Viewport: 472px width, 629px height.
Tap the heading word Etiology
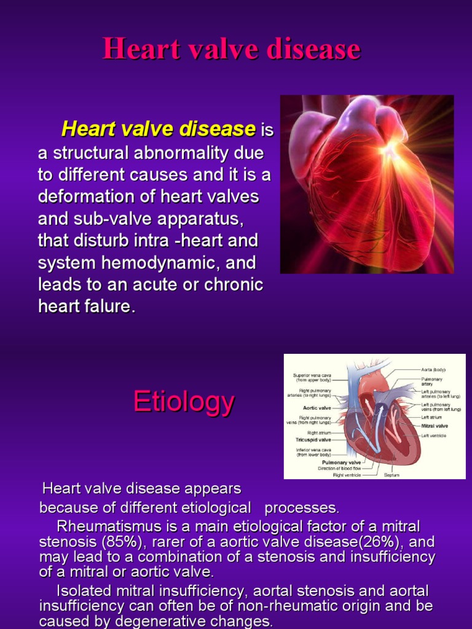pos(184,402)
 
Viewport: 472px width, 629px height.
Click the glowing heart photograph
pos(367,184)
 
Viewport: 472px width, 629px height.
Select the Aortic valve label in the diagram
pos(317,407)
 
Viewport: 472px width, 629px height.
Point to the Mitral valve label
pos(434,426)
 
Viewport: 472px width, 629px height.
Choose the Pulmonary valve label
pos(342,462)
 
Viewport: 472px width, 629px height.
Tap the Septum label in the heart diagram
pos(392,474)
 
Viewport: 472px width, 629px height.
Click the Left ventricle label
pos(434,436)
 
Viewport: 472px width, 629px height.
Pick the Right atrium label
pos(319,432)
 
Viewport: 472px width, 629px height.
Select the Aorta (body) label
pos(433,370)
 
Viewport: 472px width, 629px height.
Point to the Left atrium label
pos(431,418)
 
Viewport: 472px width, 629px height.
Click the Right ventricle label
pos(347,474)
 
